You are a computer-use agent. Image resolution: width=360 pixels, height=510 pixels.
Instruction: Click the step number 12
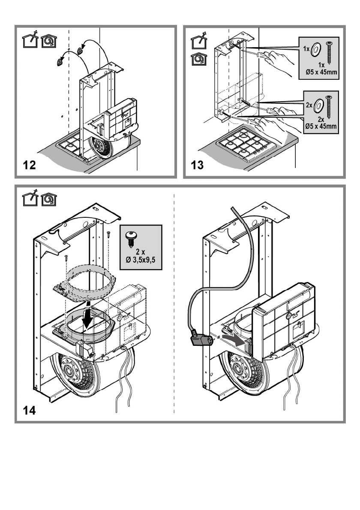click(x=29, y=165)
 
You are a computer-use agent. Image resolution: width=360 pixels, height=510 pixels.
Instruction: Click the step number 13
click(x=197, y=165)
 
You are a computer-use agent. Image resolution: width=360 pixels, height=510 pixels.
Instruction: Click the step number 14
click(x=29, y=411)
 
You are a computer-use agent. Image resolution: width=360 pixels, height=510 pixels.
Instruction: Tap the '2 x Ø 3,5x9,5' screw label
click(x=141, y=256)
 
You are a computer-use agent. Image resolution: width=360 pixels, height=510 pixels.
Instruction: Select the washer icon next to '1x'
click(x=315, y=49)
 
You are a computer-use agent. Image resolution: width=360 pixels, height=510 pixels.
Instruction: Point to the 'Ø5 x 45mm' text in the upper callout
click(x=321, y=72)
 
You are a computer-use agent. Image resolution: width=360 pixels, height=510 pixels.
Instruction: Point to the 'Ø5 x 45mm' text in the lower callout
click(x=321, y=126)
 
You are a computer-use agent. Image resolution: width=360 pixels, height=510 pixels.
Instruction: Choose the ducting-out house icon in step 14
click(x=30, y=199)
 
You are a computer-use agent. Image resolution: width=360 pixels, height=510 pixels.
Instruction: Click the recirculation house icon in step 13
click(x=199, y=59)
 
